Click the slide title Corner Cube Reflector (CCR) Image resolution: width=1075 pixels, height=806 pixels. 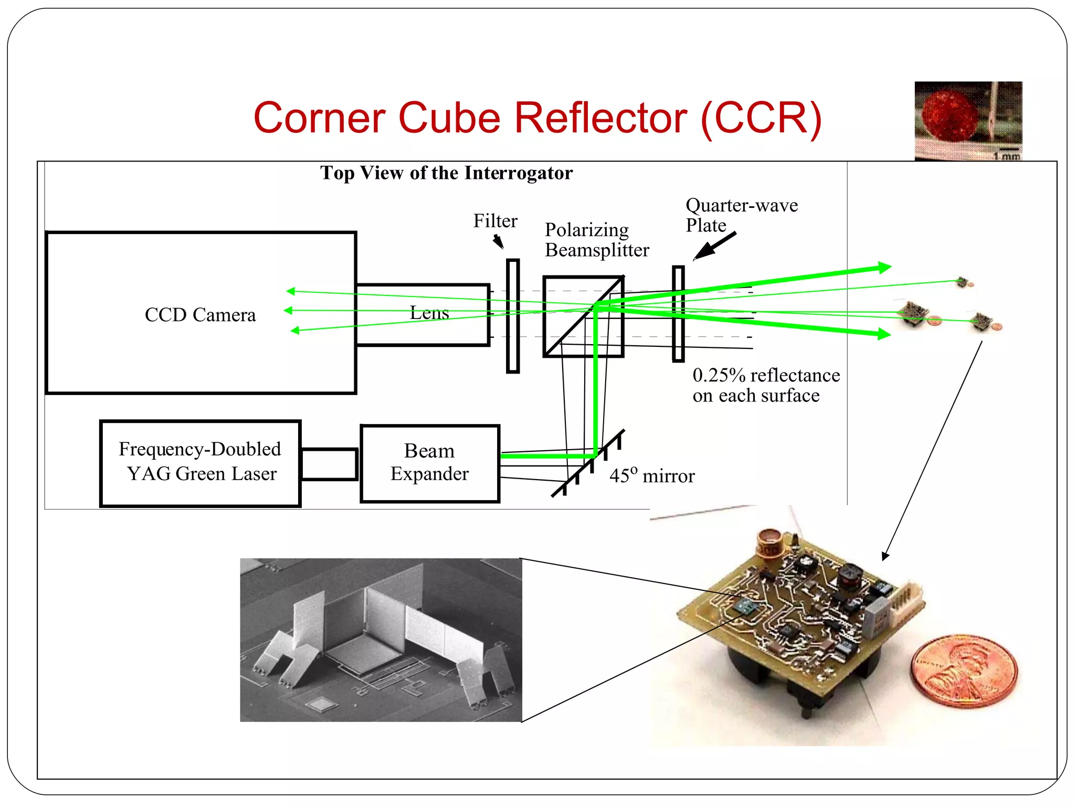coord(537,118)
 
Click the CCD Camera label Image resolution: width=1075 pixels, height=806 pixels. coord(200,315)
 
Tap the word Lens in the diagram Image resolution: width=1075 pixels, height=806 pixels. coord(429,313)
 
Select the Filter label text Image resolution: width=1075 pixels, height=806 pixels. coord(495,221)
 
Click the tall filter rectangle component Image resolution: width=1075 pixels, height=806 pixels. coord(513,316)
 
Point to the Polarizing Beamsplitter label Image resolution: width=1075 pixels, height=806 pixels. coord(596,240)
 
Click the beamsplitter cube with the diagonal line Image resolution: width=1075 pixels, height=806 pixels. coord(583,316)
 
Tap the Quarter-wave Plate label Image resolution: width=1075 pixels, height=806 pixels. coord(741,215)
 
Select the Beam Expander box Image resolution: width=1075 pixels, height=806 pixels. coord(429,463)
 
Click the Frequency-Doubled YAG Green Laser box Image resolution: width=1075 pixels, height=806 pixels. coord(200,463)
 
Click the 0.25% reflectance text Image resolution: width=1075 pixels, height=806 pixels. coord(765,385)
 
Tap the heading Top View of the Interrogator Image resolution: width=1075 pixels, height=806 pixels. coord(446,173)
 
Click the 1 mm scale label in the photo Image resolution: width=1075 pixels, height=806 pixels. coord(1006,156)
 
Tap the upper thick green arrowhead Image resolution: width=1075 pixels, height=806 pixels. coord(884,268)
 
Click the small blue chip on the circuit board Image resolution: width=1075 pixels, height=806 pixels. coord(744,607)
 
